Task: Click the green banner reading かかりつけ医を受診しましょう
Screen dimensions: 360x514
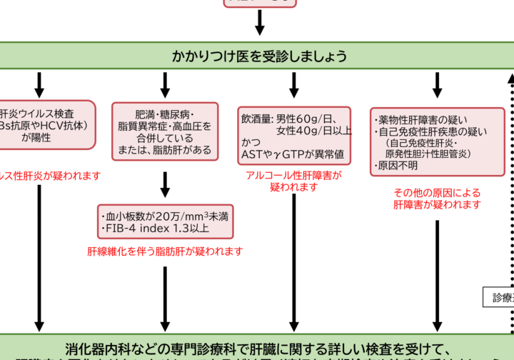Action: pyautogui.click(x=257, y=56)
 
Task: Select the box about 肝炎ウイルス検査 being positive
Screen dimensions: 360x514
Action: pyautogui.click(x=46, y=125)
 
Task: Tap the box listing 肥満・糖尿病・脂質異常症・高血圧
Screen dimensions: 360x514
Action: pyautogui.click(x=164, y=131)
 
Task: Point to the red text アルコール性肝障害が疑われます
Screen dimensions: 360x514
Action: pyautogui.click(x=293, y=181)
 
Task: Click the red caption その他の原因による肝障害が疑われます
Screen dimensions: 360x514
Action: pyautogui.click(x=437, y=199)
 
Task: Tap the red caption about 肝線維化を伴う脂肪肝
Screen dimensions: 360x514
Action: pyautogui.click(x=165, y=251)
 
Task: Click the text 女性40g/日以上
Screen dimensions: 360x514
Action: pyautogui.click(x=313, y=131)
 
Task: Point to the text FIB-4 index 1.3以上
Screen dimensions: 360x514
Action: pyautogui.click(x=156, y=229)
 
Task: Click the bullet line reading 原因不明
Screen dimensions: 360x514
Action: pyautogui.click(x=396, y=166)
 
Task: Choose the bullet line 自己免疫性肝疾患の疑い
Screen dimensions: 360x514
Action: pyautogui.click(x=431, y=131)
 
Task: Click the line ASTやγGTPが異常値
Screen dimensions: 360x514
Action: pyautogui.click(x=293, y=154)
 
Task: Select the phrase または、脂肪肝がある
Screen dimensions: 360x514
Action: pyautogui.click(x=164, y=150)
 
